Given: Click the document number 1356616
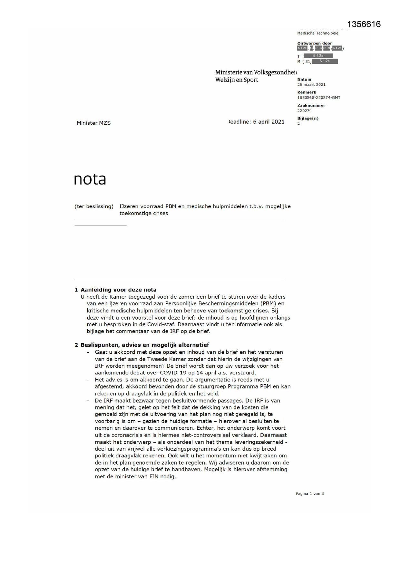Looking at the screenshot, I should tap(364, 24).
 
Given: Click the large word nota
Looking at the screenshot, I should tap(90, 179).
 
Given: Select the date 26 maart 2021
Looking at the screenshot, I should tap(311, 85).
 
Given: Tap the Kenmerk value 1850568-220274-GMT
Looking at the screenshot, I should tap(318, 98).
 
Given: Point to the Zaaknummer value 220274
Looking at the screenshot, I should tap(304, 111).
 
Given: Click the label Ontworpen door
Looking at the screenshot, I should tap(314, 43).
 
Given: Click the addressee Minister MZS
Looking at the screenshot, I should tap(93, 123).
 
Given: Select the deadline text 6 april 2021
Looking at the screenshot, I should tap(268, 122).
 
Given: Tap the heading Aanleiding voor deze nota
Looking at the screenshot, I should tap(118, 290).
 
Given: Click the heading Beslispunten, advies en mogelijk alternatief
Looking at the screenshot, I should tap(145, 345).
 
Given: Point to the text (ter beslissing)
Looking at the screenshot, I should tap(94, 206).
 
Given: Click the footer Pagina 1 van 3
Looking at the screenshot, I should tap(309, 493).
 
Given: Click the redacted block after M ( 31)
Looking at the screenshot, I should tap(325, 61).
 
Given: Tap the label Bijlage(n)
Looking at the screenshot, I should tap(307, 118).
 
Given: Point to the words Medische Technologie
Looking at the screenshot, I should tap(317, 33).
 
